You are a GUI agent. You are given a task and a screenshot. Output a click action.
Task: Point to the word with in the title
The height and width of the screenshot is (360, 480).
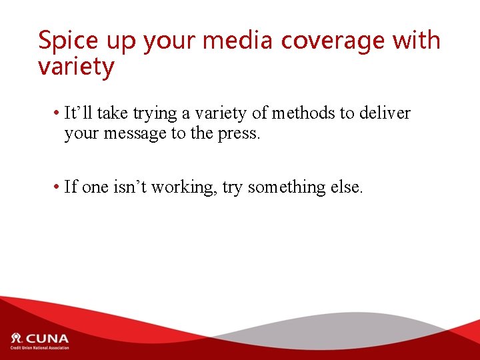tap(416, 40)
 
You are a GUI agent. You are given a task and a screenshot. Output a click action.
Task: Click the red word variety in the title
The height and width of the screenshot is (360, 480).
tap(76, 67)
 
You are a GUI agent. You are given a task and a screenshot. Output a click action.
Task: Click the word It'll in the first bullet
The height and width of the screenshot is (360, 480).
tap(79, 113)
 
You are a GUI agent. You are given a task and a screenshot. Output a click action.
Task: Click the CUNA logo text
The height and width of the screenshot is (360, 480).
tap(47, 338)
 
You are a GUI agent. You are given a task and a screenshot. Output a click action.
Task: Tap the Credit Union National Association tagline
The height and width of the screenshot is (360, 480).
tap(39, 349)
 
